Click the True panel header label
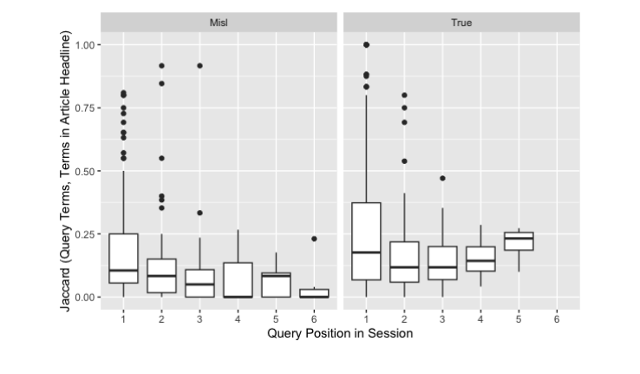461,22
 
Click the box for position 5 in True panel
519,240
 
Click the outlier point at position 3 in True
442,178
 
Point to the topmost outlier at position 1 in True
366,44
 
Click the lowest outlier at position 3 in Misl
199,213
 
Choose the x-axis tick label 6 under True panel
557,318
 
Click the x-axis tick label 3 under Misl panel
199,318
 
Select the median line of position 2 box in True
404,267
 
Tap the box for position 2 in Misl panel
161,275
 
